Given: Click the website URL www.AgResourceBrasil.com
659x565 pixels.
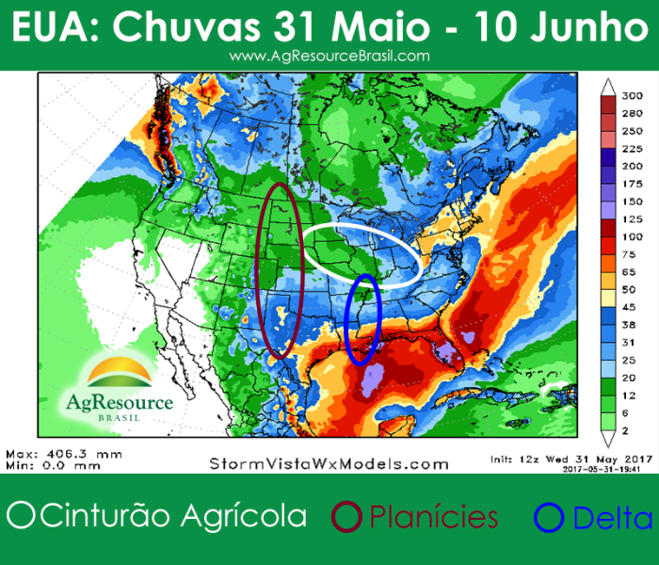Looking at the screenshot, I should [329, 56].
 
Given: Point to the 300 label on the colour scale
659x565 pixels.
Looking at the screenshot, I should [633, 96].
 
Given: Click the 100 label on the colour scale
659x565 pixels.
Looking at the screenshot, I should [633, 236].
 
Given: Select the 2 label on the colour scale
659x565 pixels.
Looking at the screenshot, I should [628, 428].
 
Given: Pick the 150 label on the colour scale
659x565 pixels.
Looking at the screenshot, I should [633, 202].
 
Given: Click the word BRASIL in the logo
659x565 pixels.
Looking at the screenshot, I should [120, 418].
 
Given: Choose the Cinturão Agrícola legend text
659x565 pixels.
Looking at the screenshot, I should [175, 516].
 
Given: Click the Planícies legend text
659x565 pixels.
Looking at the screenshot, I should [433, 517].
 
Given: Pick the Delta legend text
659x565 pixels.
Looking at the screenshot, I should [612, 518].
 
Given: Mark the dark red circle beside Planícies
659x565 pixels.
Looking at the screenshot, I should [349, 517].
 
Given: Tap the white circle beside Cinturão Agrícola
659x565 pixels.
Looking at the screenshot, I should [20, 516].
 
